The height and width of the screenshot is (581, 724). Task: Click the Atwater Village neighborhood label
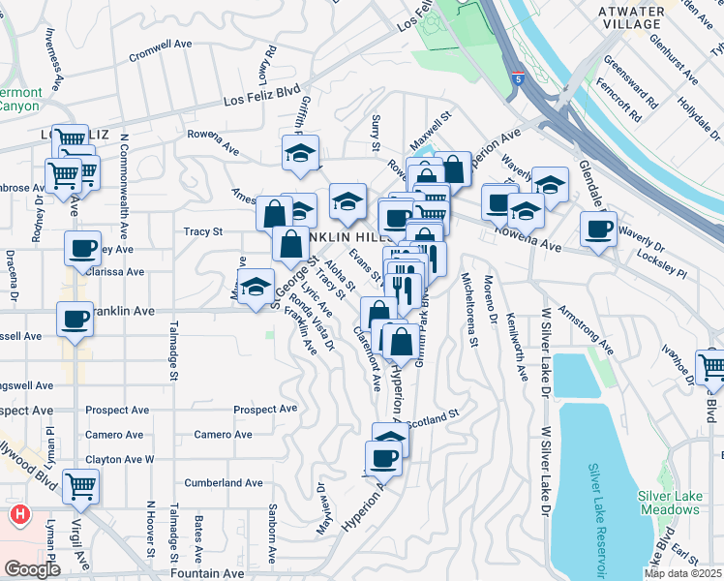coord(631,18)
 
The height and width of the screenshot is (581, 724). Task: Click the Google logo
coord(32,569)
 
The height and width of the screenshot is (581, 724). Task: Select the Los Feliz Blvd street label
coord(261,97)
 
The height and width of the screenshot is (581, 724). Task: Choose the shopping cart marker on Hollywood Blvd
coord(80,486)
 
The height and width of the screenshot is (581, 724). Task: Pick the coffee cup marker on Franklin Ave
coord(74,319)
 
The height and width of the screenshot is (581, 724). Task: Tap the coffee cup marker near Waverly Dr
coord(598,229)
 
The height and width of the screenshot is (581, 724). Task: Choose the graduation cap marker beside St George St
coord(256,288)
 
